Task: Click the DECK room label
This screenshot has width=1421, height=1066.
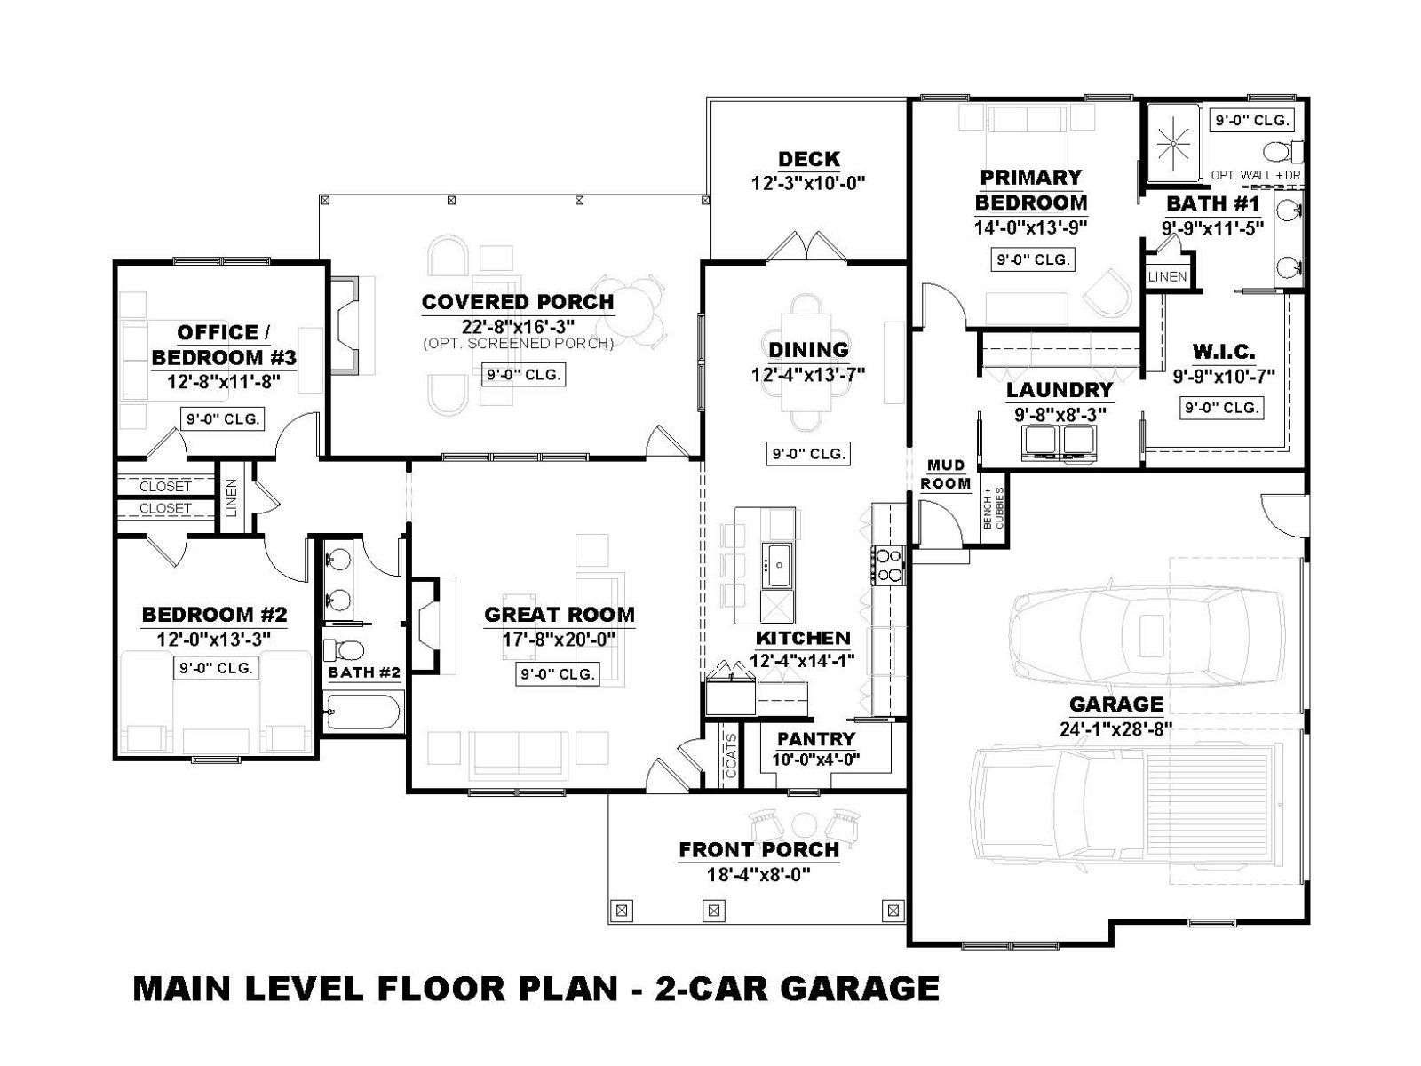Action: [808, 159]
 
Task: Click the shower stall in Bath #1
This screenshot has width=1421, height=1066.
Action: [1173, 144]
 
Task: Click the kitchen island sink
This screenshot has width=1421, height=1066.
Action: [778, 566]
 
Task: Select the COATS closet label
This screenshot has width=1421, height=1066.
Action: [730, 755]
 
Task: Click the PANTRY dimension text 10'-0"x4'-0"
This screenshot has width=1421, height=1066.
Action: [815, 760]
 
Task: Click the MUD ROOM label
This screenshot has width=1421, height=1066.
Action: [945, 473]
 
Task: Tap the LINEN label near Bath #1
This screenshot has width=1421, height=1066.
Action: [1167, 276]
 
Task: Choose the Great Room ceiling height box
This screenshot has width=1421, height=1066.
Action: [558, 673]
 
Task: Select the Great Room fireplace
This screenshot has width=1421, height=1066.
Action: [424, 624]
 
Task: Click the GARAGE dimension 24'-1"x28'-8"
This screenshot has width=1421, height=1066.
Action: [1116, 729]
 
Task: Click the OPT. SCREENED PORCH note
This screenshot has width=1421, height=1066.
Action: [518, 343]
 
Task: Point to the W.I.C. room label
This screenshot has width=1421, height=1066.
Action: [1224, 352]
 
